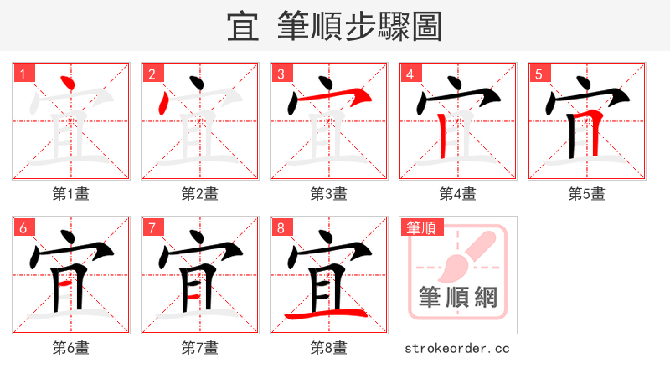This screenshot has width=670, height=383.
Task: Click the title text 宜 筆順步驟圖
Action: point(334,27)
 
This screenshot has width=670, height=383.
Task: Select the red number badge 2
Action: point(152,74)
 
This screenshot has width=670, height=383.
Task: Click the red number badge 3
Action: point(281,74)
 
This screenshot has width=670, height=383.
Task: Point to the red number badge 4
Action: point(410,74)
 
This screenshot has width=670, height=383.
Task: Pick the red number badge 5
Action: point(539,74)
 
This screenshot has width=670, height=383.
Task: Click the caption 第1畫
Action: point(71,194)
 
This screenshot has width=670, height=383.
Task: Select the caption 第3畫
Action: point(329,194)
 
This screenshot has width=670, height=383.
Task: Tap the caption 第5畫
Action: point(587,194)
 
